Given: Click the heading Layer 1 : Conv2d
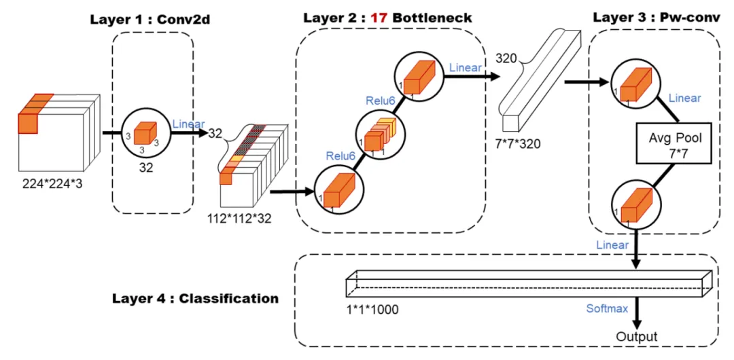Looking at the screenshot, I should pos(150,20).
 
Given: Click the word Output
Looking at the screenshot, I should pos(637,336).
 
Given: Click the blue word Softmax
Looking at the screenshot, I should pos(607,308).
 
